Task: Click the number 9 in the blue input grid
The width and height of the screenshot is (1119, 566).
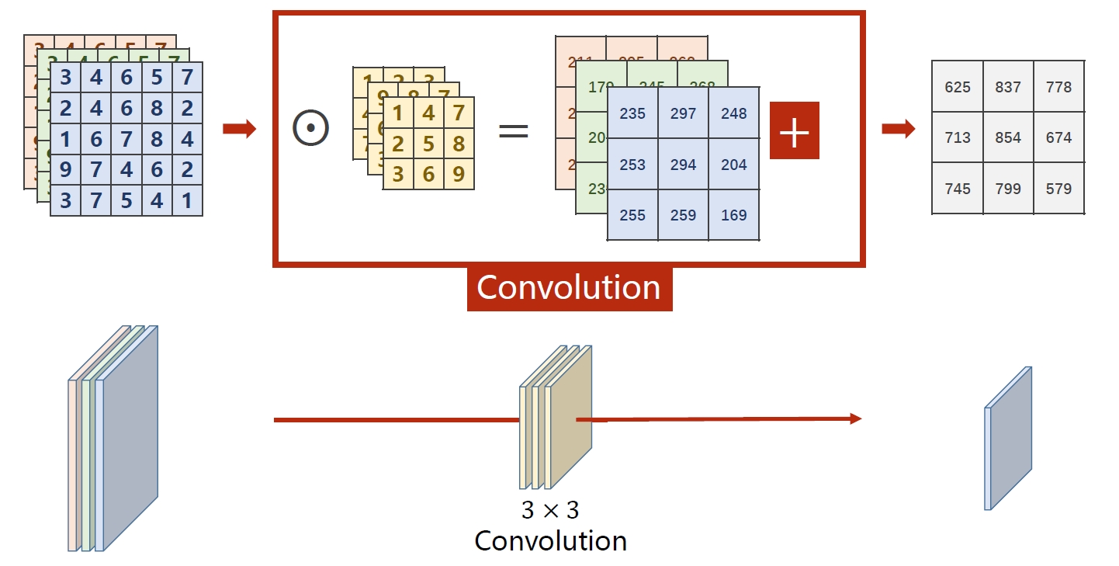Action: [66, 170]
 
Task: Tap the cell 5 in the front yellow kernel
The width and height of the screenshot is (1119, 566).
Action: [428, 144]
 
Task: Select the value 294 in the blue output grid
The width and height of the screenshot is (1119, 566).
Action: [683, 165]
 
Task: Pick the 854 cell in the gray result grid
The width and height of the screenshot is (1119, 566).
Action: [1008, 137]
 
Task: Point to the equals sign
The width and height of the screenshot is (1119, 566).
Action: [513, 130]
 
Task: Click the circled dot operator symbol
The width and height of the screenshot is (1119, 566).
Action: [310, 128]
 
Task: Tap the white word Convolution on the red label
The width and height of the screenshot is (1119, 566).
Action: [569, 287]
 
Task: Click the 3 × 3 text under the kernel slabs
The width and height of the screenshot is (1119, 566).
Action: [550, 510]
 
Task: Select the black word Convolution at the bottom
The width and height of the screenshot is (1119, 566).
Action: [550, 540]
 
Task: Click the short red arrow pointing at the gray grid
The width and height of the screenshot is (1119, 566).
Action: [899, 129]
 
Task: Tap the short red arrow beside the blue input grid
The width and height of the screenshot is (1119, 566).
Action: [239, 129]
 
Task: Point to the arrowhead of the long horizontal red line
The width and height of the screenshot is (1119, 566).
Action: [855, 419]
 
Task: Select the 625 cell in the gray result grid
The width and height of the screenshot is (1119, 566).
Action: [958, 87]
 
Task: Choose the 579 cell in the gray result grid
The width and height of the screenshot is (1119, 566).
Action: [1058, 189]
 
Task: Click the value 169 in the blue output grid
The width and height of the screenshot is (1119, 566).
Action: [733, 215]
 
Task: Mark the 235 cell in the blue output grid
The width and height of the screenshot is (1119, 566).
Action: [632, 113]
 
